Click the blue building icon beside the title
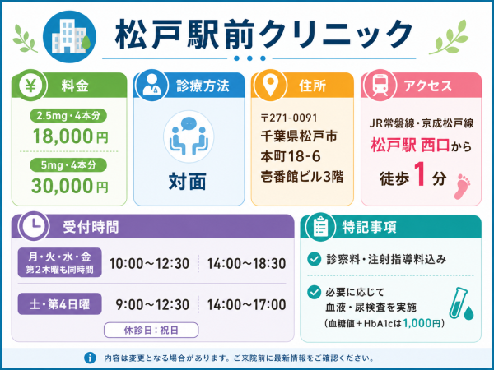click(69, 37)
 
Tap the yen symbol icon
click(30, 86)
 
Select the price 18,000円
click(71, 136)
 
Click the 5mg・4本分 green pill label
click(68, 165)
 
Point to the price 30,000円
click(70, 186)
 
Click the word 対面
click(188, 182)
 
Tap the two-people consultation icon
click(189, 136)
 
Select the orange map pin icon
click(270, 86)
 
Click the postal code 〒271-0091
click(289, 118)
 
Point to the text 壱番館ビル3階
click(302, 177)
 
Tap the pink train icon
click(380, 86)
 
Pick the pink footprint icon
click(462, 187)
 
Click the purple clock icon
click(34, 226)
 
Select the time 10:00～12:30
click(149, 264)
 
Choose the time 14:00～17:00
click(246, 304)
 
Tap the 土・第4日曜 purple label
click(59, 304)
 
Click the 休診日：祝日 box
click(151, 330)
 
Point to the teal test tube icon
click(460, 304)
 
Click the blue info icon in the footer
click(90, 358)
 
